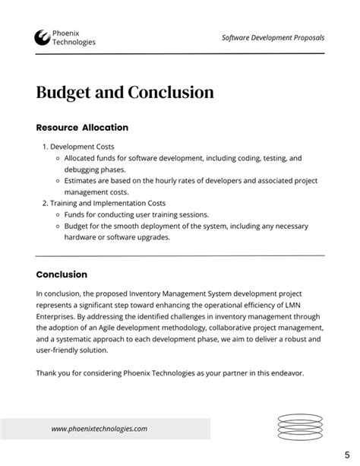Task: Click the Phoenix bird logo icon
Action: (43, 37)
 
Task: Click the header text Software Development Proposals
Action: (273, 37)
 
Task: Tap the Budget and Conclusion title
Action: (125, 93)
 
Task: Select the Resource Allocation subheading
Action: (82, 128)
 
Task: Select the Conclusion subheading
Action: (62, 274)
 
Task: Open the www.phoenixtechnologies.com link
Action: (99, 429)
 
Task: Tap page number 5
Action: (346, 455)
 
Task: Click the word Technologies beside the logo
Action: (74, 43)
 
